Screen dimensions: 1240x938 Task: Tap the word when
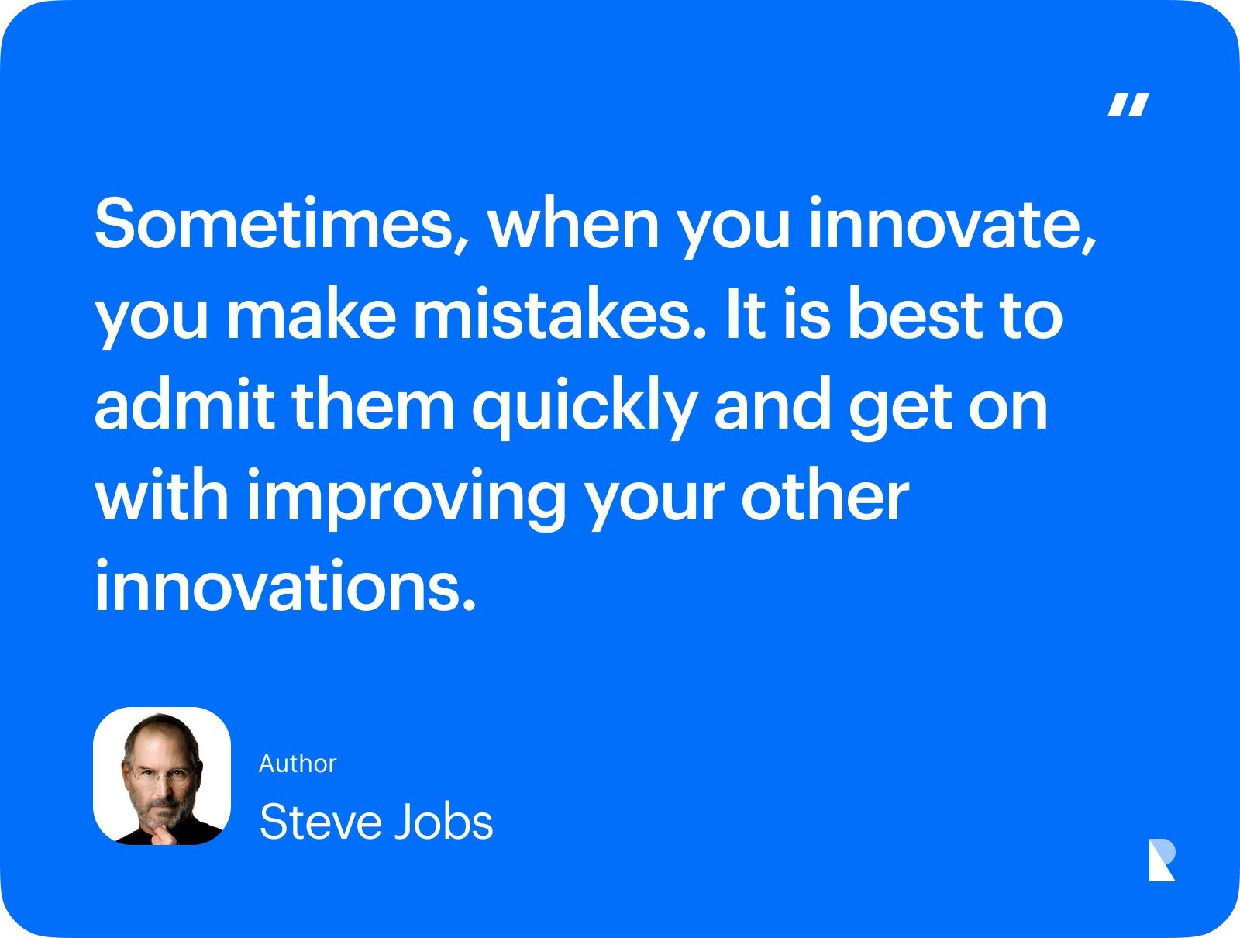573,222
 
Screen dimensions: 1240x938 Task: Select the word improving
406,498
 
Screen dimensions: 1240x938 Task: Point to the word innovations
285,585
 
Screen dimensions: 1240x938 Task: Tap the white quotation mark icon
1128,105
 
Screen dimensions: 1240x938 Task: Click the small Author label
298,764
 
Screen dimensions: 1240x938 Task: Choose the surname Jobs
443,821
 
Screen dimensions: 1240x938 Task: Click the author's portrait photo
162,776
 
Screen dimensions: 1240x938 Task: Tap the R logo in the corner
1162,860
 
